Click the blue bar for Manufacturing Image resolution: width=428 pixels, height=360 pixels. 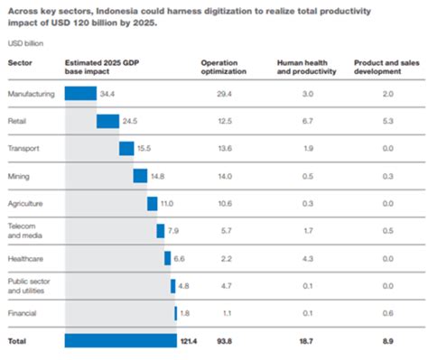tap(80, 93)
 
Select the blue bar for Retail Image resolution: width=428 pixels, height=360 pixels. tap(107, 121)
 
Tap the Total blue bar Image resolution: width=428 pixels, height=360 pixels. tap(120, 340)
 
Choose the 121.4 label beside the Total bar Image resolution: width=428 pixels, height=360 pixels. tap(189, 341)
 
